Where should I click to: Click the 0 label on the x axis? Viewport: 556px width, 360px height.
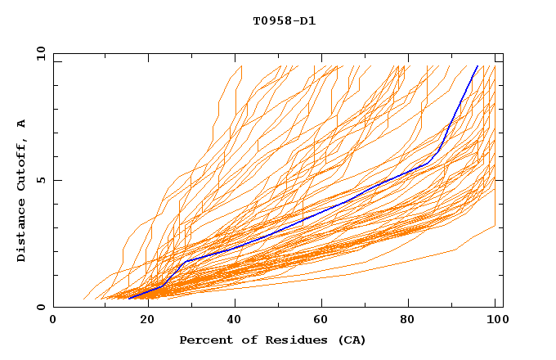point(53,320)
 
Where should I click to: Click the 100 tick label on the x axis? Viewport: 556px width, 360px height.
point(495,320)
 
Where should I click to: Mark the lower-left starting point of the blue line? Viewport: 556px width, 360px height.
point(128,299)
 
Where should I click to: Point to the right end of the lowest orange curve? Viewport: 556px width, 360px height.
point(495,226)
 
